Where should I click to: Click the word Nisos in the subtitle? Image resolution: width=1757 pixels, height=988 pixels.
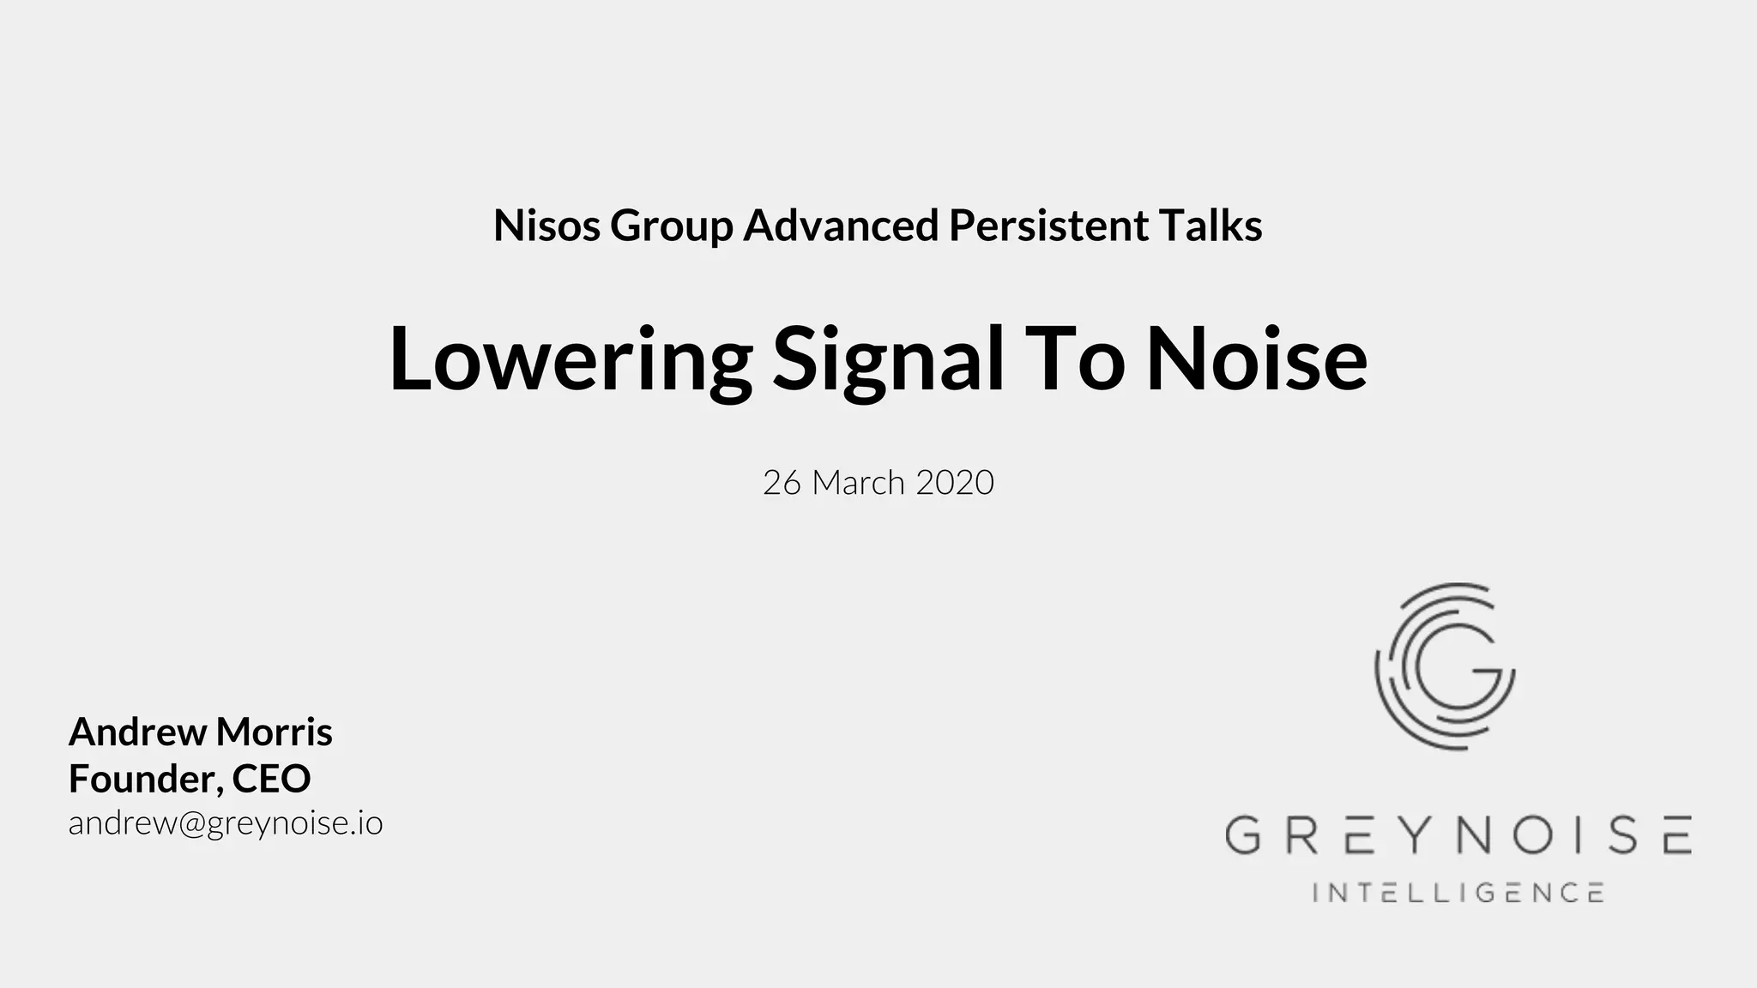(546, 226)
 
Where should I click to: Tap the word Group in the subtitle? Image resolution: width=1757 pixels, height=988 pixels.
(671, 226)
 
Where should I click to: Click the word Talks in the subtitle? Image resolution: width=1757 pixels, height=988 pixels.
(1210, 226)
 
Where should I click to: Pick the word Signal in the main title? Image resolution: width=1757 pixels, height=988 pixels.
(888, 360)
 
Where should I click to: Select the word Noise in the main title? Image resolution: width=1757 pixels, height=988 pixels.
(1256, 360)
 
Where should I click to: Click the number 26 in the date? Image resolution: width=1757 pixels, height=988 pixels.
(782, 483)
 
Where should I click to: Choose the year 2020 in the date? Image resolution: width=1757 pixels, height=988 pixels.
(955, 483)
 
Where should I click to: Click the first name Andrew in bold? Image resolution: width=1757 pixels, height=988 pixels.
(137, 732)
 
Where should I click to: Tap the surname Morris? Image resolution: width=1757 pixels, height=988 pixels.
(274, 732)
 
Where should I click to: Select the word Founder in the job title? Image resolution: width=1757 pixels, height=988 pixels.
(142, 779)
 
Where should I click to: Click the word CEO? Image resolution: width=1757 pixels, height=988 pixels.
(271, 779)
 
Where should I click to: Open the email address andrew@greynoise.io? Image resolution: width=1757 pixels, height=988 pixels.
(226, 823)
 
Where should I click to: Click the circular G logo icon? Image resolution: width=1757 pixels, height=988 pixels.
(1446, 666)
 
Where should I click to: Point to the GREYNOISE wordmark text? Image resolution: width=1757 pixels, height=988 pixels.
(1458, 835)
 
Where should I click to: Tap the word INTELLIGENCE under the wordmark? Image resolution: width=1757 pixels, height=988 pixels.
(1458, 893)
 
